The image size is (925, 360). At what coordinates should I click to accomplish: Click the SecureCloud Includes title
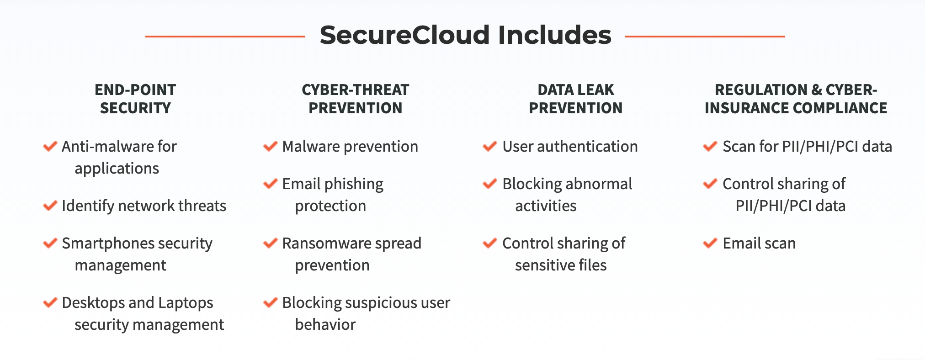pos(465,35)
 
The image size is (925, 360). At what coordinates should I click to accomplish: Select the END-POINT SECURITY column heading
pos(135,99)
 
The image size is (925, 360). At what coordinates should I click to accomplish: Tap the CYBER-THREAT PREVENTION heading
pos(356,99)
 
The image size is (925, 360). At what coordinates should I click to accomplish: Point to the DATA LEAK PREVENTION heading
pos(576,99)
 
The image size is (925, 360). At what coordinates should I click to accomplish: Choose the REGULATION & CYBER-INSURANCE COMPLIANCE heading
pos(796,99)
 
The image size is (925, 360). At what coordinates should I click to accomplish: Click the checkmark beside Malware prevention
pos(271,146)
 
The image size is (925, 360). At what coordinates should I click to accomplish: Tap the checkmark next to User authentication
pos(490,146)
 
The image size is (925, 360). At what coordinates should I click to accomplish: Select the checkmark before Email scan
pos(710,243)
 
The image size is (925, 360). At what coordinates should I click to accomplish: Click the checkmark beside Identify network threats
pos(50,206)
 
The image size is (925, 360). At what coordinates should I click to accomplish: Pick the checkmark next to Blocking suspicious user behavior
pos(271,302)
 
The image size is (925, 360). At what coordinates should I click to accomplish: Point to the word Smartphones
pos(103,244)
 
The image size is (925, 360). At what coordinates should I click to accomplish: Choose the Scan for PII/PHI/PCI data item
pos(807,147)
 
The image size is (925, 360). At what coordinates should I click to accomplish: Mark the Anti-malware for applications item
pos(119,158)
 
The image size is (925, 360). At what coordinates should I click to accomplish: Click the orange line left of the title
pos(225,36)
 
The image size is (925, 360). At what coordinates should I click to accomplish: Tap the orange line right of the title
pos(705,36)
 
